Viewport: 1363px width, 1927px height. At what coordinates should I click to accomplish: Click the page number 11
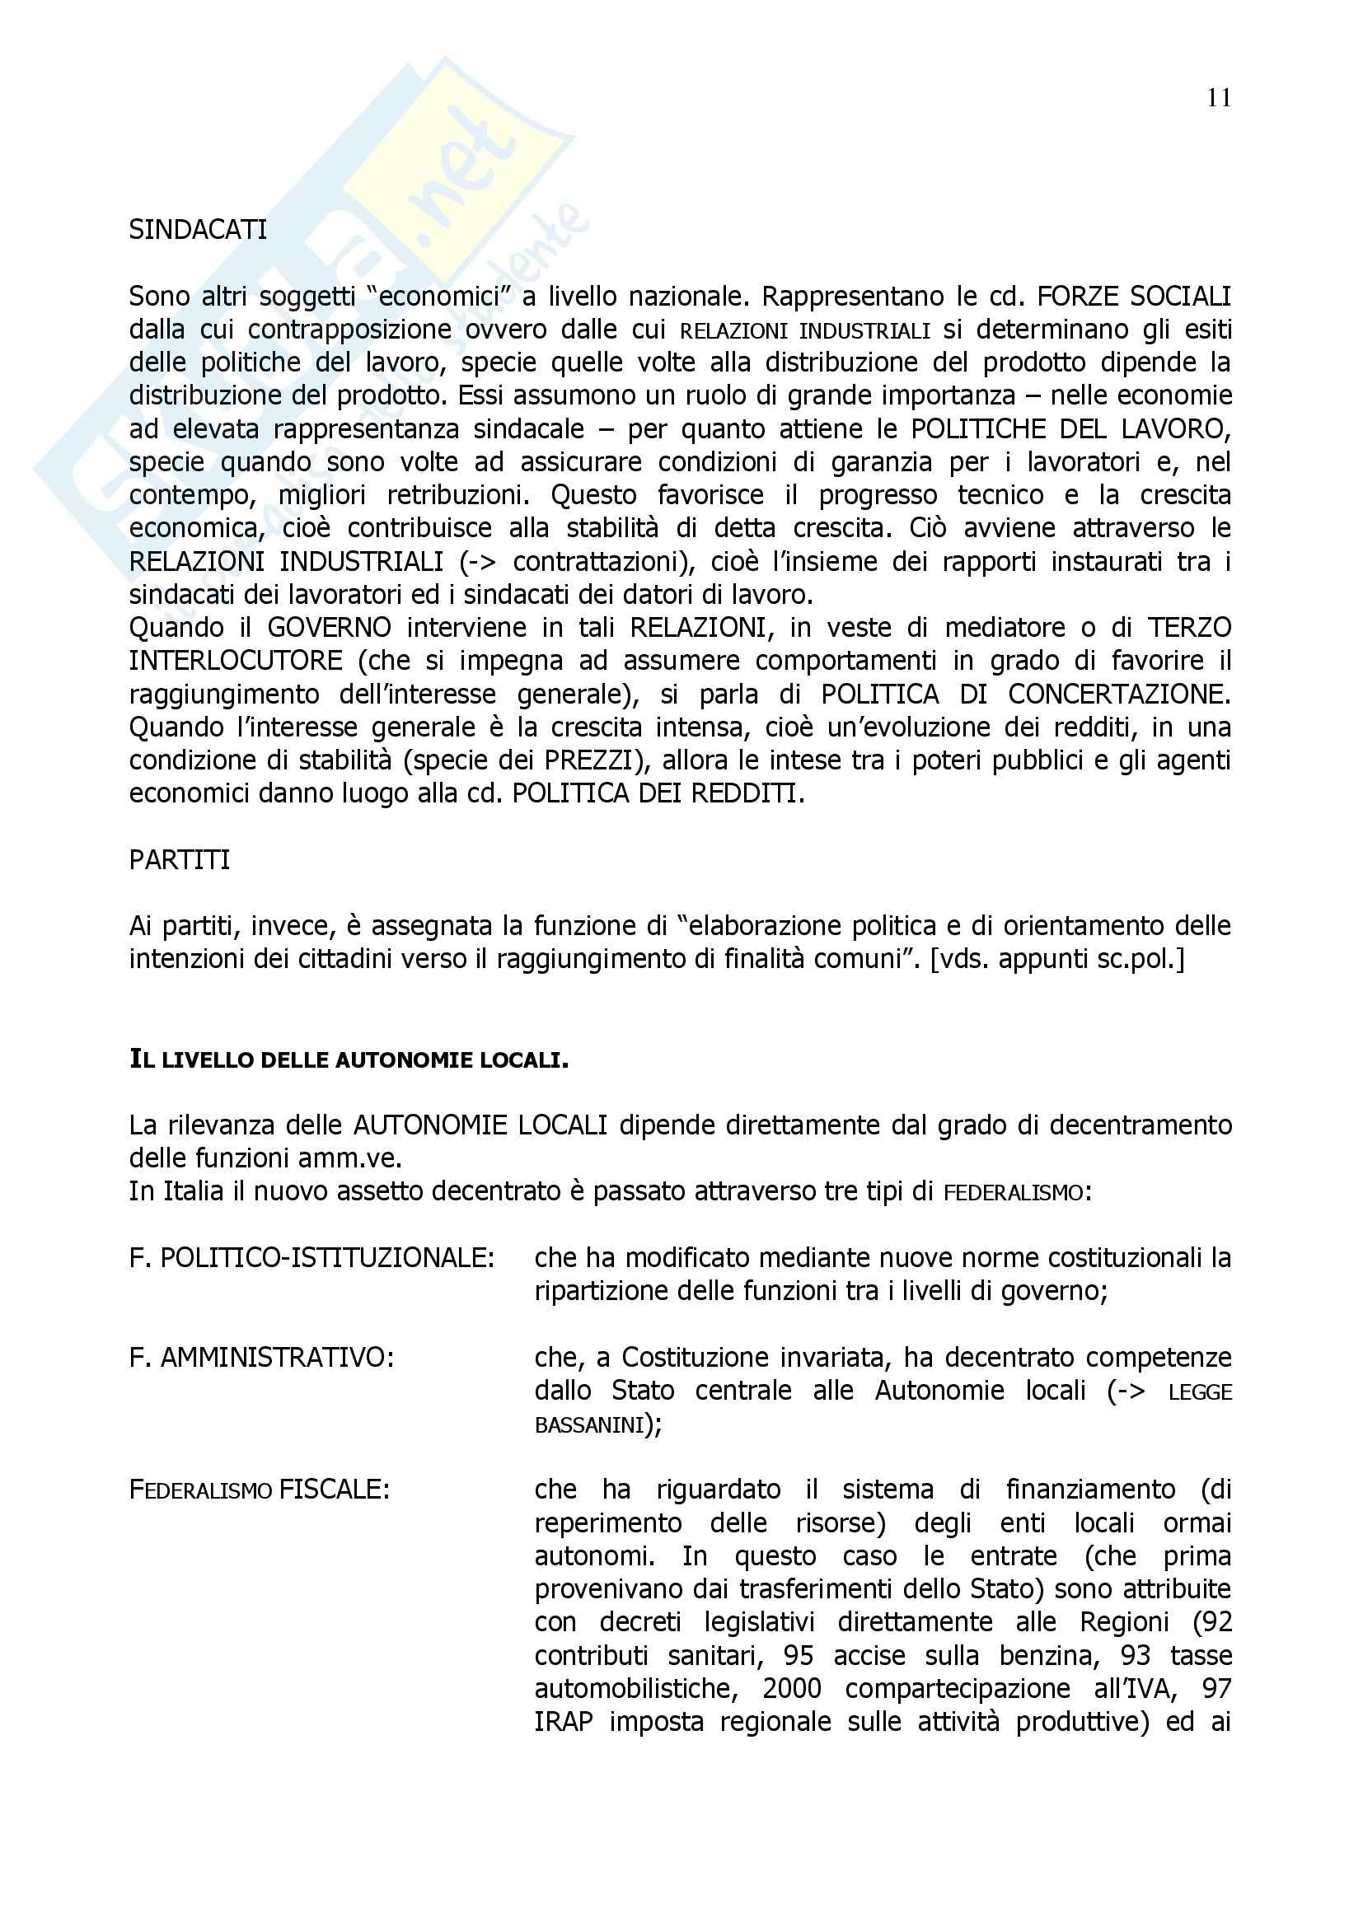click(x=1219, y=99)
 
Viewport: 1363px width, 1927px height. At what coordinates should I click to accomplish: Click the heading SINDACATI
click(x=198, y=230)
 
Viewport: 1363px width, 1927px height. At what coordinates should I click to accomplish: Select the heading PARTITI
click(x=180, y=860)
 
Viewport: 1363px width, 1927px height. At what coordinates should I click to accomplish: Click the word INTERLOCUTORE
click(x=236, y=661)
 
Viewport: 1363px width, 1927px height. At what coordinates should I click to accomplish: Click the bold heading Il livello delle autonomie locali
click(x=349, y=1060)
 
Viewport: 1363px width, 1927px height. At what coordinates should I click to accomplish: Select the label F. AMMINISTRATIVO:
click(x=262, y=1358)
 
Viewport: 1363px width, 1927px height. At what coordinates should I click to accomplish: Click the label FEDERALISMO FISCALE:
click(x=260, y=1490)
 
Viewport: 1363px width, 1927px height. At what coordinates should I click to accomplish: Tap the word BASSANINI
click(x=588, y=1425)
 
